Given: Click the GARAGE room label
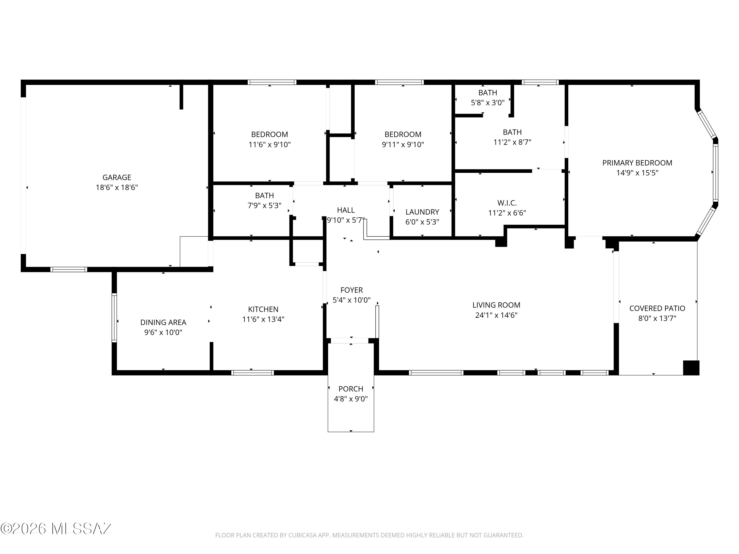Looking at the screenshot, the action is [x=117, y=177].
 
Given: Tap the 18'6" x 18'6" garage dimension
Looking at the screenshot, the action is [x=117, y=187].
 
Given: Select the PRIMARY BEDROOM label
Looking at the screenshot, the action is [x=637, y=163].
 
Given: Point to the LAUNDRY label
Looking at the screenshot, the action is [x=422, y=212].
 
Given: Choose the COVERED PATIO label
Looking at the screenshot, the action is [x=657, y=309].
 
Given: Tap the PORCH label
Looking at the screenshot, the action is [x=351, y=389].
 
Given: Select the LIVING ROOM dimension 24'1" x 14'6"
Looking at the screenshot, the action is [x=496, y=315].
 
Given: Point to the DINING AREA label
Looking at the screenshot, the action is [x=163, y=323].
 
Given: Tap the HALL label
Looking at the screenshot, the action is [x=346, y=210].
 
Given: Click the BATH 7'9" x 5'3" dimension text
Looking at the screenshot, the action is [x=264, y=206].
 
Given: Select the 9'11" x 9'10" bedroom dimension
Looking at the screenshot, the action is [x=403, y=145].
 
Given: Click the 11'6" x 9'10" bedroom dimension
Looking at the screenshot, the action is [x=269, y=145].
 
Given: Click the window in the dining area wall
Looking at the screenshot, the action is [x=114, y=318].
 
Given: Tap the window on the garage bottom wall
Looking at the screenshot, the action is [x=69, y=269].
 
